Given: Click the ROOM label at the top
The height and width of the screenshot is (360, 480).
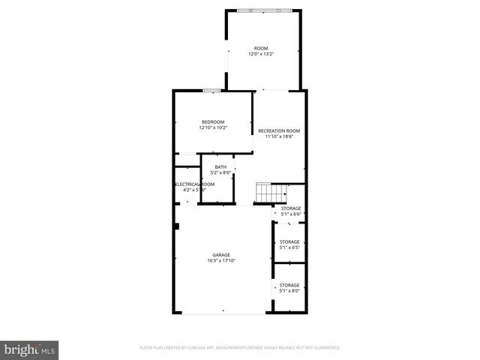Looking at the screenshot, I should (x=260, y=48).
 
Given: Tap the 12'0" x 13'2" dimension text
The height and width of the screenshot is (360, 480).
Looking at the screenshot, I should (x=260, y=54).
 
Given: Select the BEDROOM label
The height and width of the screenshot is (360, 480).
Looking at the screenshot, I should (x=212, y=122).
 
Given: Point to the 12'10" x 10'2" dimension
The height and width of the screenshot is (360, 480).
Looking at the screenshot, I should (x=212, y=128).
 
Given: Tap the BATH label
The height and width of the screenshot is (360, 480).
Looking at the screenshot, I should (x=220, y=167).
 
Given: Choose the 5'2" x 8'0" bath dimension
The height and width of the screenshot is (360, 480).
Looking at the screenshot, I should (x=220, y=173).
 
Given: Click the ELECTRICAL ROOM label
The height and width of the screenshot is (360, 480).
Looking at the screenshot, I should (x=194, y=184).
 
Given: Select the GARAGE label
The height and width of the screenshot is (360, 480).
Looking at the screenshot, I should (x=220, y=255).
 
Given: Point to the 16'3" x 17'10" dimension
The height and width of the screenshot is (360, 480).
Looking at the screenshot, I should (x=220, y=261).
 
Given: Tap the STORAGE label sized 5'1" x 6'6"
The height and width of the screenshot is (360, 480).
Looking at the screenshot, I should (x=291, y=208).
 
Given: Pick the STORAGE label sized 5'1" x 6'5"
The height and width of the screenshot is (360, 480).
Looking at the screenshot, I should (x=289, y=241).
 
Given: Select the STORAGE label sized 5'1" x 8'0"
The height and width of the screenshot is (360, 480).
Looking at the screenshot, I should (x=289, y=285).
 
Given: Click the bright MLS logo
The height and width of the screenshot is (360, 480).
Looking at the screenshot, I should (x=30, y=349).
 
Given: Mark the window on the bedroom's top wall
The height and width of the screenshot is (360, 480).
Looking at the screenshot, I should (x=211, y=91).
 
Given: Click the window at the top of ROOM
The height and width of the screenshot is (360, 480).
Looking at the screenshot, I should (x=262, y=10).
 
